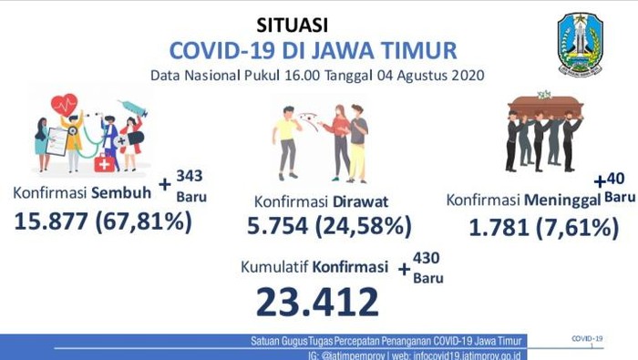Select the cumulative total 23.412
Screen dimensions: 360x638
[317, 300]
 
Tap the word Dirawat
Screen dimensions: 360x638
[360, 200]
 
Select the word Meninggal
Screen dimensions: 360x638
[557, 200]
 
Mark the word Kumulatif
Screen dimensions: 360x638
[272, 268]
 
